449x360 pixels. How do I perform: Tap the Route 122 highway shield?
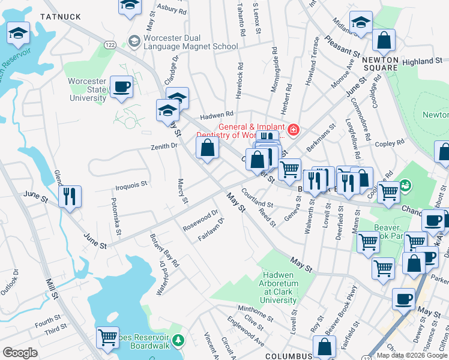pos(109,45)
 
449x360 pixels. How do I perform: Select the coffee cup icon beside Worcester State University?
pos(122,88)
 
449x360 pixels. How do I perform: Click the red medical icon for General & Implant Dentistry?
pos(293,130)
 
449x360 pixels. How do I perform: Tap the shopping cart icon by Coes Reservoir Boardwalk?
pos(107,337)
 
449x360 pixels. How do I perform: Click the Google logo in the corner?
pos(20,353)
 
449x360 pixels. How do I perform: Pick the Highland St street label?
pos(422,61)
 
